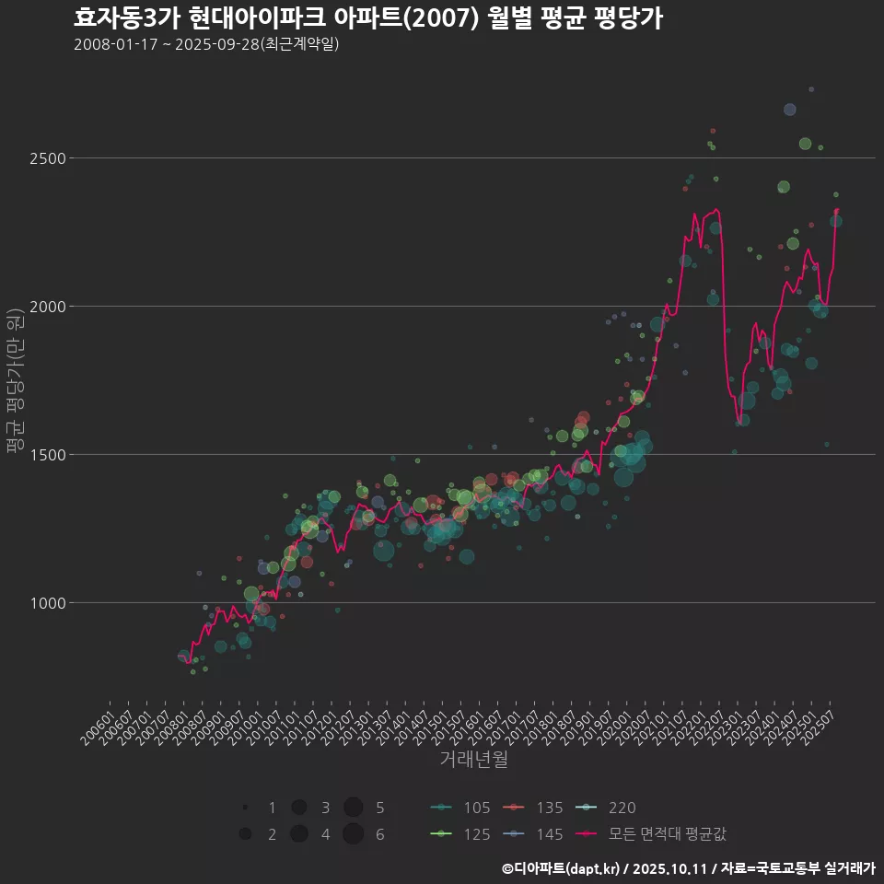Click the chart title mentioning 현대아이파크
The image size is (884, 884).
click(x=367, y=18)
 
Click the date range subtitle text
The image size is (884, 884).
click(x=206, y=44)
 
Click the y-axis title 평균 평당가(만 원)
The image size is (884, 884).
click(x=14, y=380)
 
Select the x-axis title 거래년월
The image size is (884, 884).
click(x=474, y=760)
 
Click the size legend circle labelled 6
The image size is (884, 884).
click(x=353, y=834)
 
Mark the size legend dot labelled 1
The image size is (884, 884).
click(x=245, y=808)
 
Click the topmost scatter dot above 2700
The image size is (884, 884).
click(x=811, y=89)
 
